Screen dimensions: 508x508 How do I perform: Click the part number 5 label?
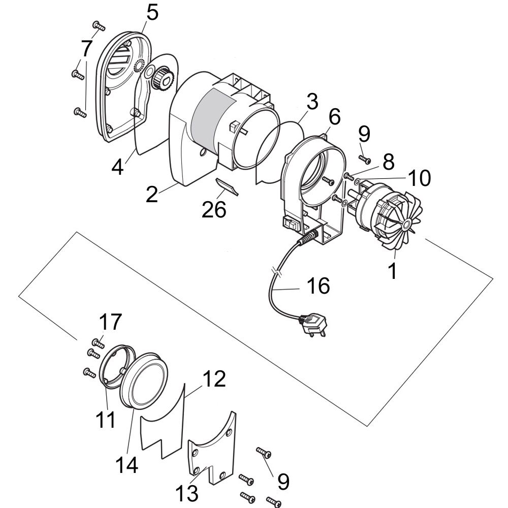pyautogui.click(x=152, y=13)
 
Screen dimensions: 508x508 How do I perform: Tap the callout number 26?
pyautogui.click(x=214, y=209)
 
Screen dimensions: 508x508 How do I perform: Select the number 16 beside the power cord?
pyautogui.click(x=318, y=285)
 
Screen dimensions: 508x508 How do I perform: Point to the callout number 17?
pyautogui.click(x=110, y=322)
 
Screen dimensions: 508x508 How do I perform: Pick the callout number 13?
pyautogui.click(x=187, y=493)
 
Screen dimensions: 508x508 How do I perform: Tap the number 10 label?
pyautogui.click(x=419, y=178)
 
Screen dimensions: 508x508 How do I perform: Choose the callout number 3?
pyautogui.click(x=312, y=102)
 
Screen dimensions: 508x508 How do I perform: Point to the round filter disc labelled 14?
pyautogui.click(x=144, y=380)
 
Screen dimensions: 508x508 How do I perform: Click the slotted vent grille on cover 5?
pyautogui.click(x=118, y=61)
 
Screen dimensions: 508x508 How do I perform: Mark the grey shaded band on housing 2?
pyautogui.click(x=213, y=119)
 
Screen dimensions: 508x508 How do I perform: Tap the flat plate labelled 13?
pyautogui.click(x=212, y=449)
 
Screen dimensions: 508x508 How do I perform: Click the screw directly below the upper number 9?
pyautogui.click(x=365, y=158)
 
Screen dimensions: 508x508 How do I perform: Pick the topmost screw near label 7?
pyautogui.click(x=99, y=25)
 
